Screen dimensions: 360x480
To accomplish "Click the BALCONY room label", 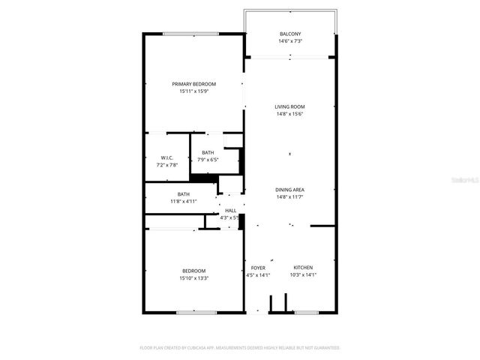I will pyautogui.click(x=290, y=34).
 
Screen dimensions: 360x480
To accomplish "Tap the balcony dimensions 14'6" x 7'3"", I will pyautogui.click(x=290, y=41).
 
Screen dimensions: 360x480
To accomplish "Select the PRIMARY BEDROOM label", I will pyautogui.click(x=193, y=83).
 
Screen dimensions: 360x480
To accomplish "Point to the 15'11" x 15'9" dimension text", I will pyautogui.click(x=193, y=91).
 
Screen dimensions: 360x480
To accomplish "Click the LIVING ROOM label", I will pyautogui.click(x=289, y=106).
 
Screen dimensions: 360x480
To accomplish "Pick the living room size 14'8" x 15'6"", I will pyautogui.click(x=289, y=114).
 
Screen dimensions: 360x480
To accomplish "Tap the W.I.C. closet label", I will pyautogui.click(x=167, y=157).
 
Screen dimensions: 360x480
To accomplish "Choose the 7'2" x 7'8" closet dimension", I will pyautogui.click(x=167, y=164).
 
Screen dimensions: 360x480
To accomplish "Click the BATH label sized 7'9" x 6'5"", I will pyautogui.click(x=207, y=152).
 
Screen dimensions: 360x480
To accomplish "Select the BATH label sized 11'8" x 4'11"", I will pyautogui.click(x=184, y=194).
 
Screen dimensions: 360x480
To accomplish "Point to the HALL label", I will pyautogui.click(x=231, y=211).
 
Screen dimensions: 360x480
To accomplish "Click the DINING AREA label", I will pyautogui.click(x=289, y=190).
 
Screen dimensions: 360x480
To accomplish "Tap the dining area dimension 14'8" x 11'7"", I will pyautogui.click(x=289, y=197).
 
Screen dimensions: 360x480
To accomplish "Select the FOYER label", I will pyautogui.click(x=258, y=268).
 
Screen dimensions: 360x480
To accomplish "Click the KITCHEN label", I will pyautogui.click(x=303, y=268).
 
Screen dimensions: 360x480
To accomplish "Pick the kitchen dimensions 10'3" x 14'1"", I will pyautogui.click(x=303, y=275).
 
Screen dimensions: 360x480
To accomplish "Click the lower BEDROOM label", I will pyautogui.click(x=193, y=271).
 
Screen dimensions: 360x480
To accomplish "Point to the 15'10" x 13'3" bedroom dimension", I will pyautogui.click(x=193, y=278).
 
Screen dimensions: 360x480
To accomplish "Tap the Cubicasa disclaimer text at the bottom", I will pyautogui.click(x=240, y=348).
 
